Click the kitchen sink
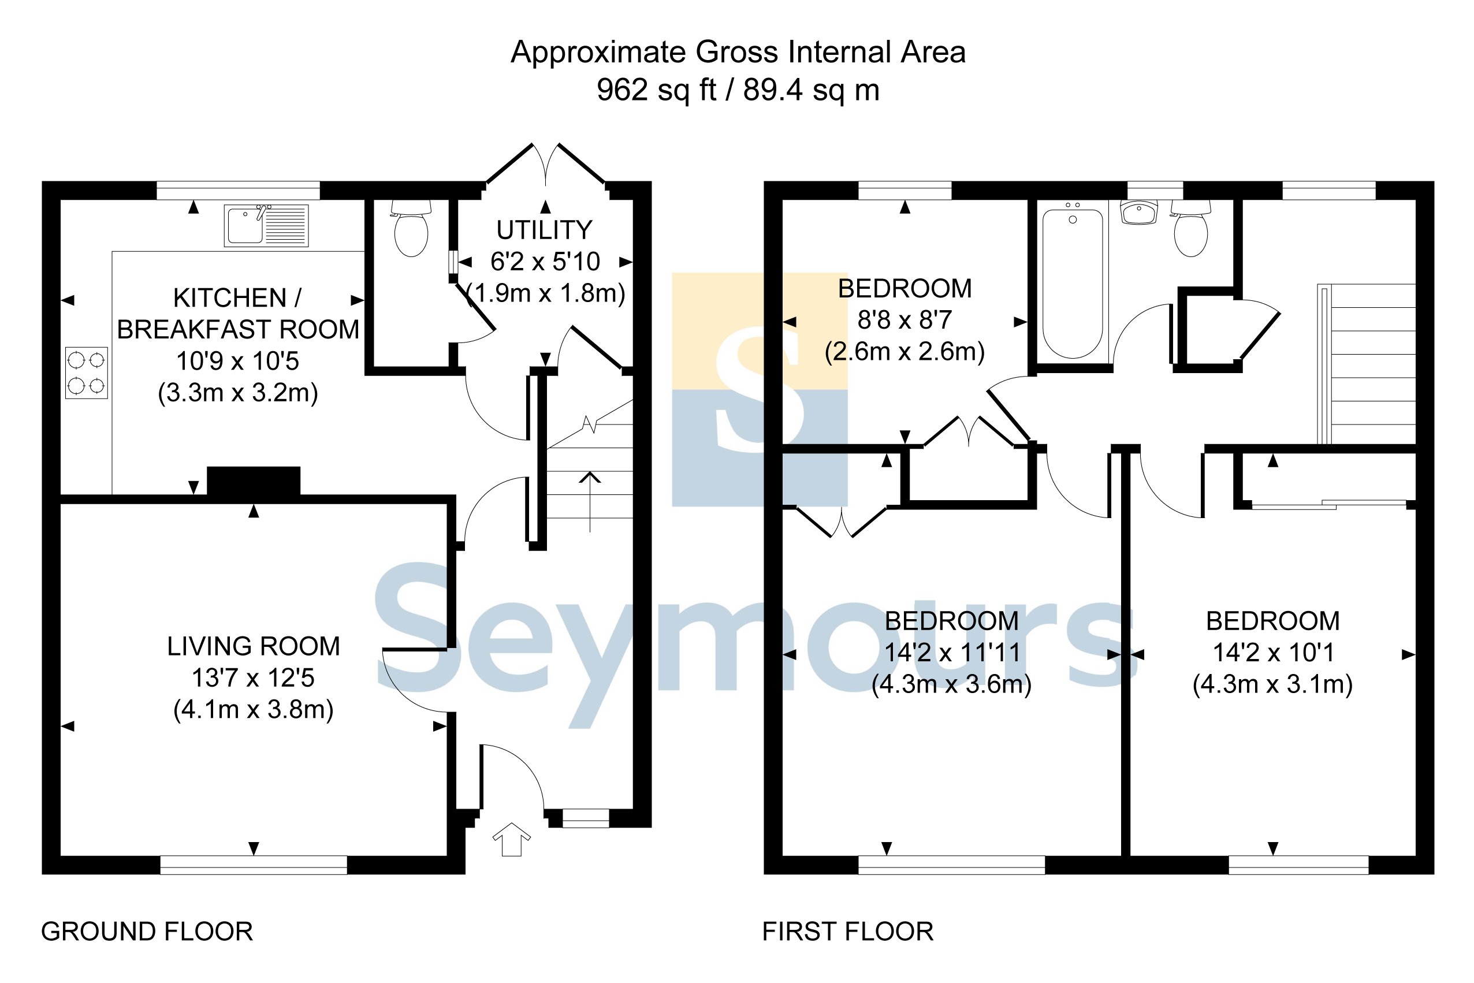(266, 225)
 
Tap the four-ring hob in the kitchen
(87, 373)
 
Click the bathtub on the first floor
(1072, 284)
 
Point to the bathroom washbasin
(1138, 213)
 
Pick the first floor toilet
(1190, 228)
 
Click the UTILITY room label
(544, 230)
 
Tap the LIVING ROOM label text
(254, 646)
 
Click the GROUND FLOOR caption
(147, 932)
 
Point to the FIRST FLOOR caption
(848, 932)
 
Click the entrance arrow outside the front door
(512, 839)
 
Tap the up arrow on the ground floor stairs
(589, 501)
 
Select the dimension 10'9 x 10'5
(237, 361)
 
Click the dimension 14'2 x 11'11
(952, 653)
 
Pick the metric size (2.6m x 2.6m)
(904, 352)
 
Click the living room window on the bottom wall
(254, 865)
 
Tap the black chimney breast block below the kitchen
(254, 482)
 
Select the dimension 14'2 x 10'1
(1273, 653)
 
